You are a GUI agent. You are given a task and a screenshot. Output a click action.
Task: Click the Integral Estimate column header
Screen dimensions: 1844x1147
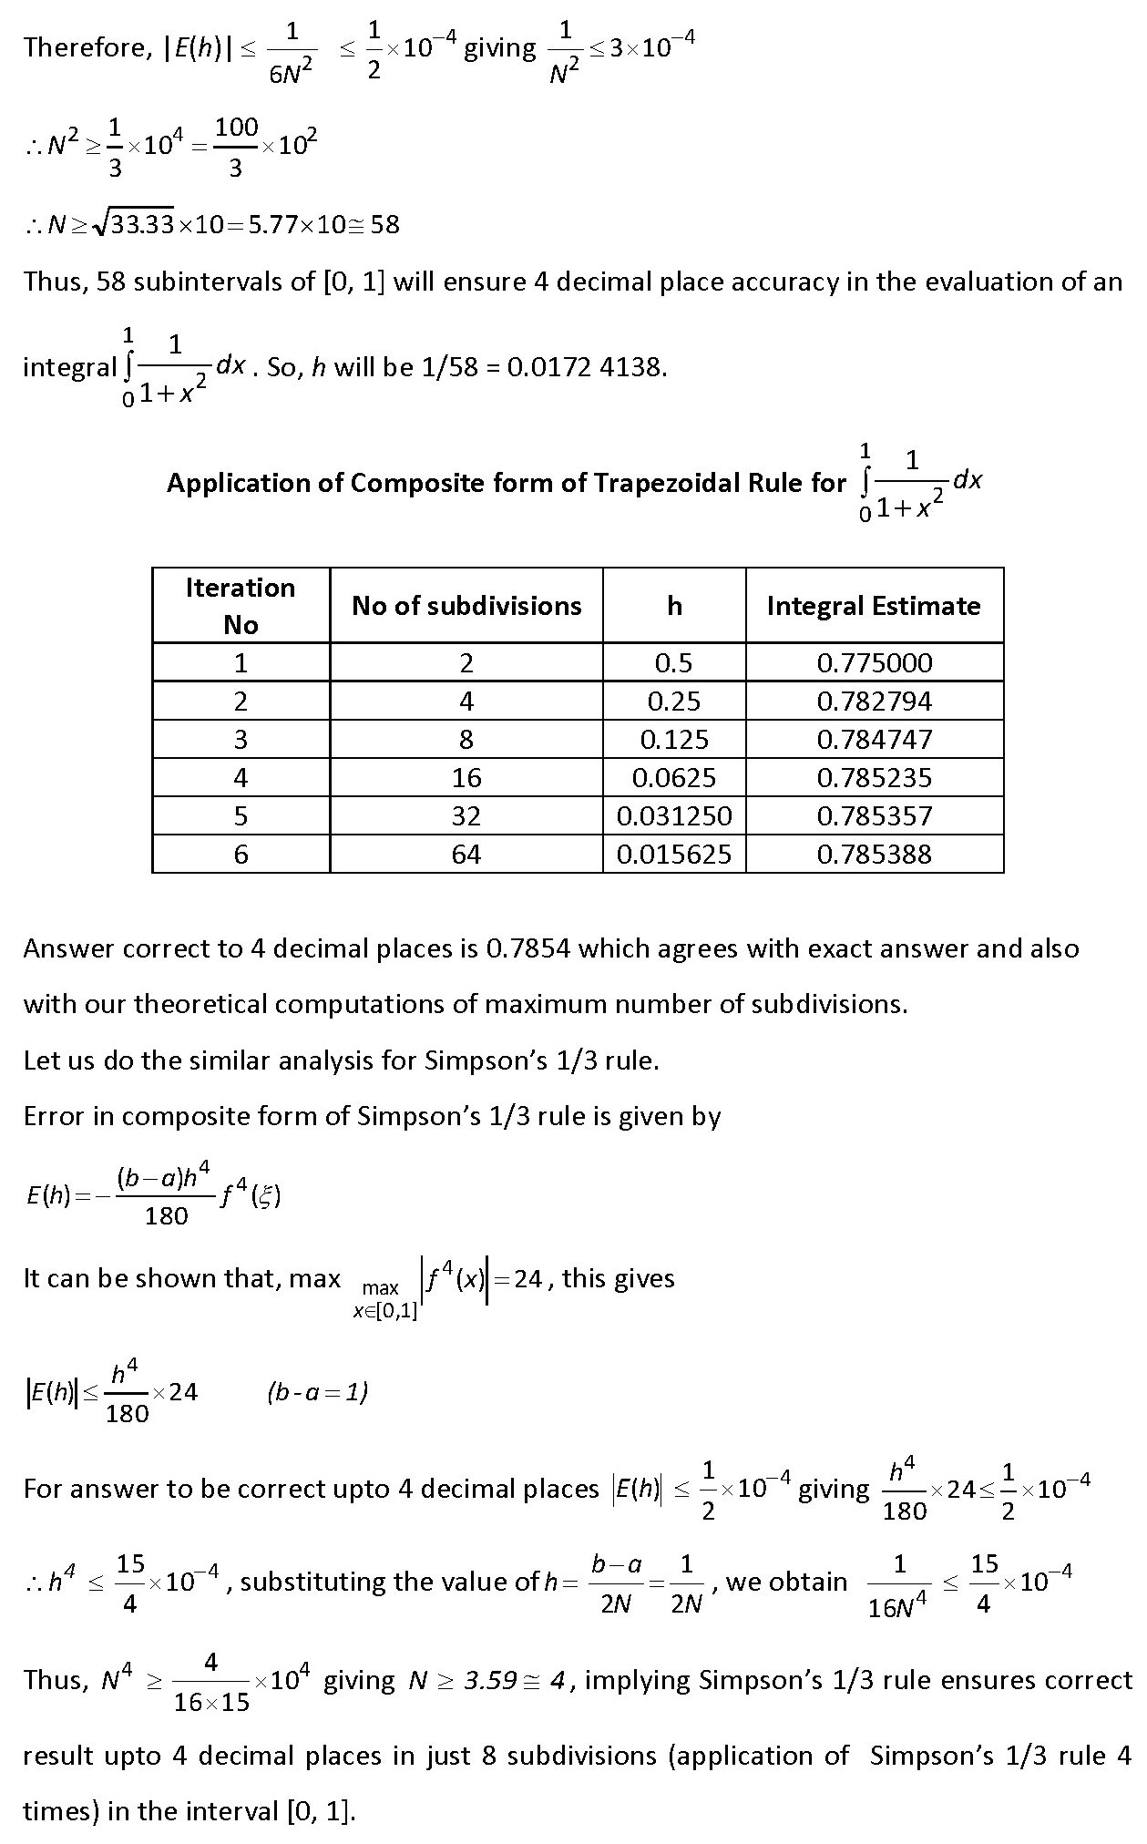point(874,606)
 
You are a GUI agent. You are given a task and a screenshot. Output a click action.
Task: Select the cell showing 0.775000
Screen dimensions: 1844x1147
point(875,662)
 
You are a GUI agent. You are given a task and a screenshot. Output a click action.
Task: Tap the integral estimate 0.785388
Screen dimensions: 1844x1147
point(875,854)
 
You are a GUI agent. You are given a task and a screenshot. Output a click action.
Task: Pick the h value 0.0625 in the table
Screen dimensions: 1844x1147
point(674,777)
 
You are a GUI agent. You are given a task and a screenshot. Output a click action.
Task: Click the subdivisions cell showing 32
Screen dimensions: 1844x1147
point(466,815)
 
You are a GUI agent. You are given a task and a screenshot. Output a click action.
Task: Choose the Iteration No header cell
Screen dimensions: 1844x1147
point(241,606)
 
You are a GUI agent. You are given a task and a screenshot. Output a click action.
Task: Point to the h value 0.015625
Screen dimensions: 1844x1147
point(674,854)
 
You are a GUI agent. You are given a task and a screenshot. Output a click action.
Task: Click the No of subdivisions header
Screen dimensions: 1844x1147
point(466,606)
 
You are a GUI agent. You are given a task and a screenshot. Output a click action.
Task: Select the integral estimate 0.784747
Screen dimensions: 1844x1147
point(875,739)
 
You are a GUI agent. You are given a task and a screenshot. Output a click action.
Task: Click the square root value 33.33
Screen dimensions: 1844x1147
point(142,224)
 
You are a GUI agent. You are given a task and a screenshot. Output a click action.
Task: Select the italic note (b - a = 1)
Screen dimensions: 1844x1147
point(318,1392)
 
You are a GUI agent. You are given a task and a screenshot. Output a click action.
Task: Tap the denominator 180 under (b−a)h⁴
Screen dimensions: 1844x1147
point(166,1215)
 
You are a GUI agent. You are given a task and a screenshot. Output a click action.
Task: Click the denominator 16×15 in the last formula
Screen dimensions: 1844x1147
point(211,1702)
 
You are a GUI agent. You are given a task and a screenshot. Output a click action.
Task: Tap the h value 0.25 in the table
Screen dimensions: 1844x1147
point(674,701)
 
